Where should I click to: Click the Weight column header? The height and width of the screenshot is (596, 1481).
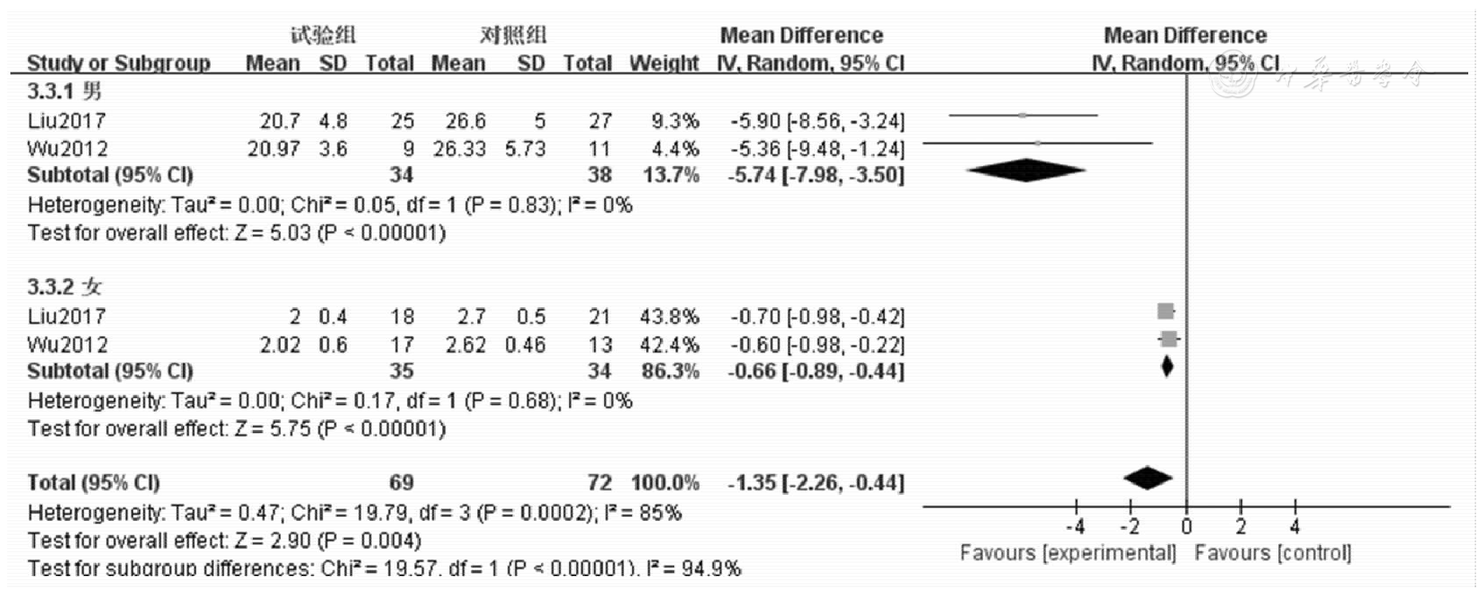(663, 63)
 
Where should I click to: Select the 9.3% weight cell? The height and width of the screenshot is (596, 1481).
(675, 121)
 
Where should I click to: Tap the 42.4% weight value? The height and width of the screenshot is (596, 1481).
(669, 345)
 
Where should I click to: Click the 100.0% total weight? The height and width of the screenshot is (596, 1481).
(665, 483)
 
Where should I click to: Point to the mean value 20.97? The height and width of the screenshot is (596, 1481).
(273, 149)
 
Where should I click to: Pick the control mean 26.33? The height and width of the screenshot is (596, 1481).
(459, 149)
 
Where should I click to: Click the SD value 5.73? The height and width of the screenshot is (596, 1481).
(524, 149)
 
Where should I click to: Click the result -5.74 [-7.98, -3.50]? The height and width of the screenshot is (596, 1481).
(816, 176)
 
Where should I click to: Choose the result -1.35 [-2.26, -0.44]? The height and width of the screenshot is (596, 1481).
(816, 483)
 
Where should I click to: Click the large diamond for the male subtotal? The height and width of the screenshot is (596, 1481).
(1026, 170)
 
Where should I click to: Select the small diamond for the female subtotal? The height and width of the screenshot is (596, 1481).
(1167, 367)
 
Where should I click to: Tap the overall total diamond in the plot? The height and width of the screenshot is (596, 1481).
(1148, 478)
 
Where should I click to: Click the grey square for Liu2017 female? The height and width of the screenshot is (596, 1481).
(1166, 311)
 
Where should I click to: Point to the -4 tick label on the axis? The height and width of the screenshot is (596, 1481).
(1075, 527)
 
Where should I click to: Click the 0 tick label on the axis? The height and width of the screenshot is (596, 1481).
(1187, 527)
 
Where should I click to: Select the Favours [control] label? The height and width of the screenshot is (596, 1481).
(1273, 553)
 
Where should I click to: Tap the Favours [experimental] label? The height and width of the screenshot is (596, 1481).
(1068, 553)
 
